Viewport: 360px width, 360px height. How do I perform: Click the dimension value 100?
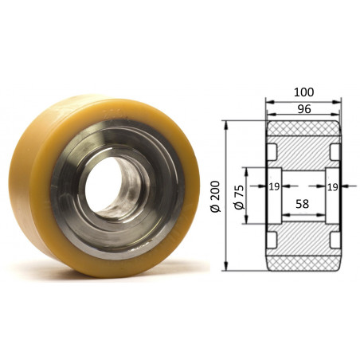pyautogui.click(x=303, y=92)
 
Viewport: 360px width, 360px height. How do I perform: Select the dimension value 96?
pyautogui.click(x=304, y=109)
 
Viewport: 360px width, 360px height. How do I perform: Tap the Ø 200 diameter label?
pyautogui.click(x=216, y=196)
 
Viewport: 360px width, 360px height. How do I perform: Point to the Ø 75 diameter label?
pyautogui.click(x=239, y=197)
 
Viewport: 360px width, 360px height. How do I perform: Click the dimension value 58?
pyautogui.click(x=302, y=204)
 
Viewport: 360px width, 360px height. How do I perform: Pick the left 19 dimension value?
pyautogui.click(x=274, y=187)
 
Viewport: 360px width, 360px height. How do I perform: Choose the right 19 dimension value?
pyautogui.click(x=332, y=187)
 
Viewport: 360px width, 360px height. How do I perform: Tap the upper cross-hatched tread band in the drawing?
pyautogui.click(x=303, y=129)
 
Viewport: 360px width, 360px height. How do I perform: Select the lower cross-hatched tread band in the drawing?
pyautogui.click(x=303, y=264)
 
